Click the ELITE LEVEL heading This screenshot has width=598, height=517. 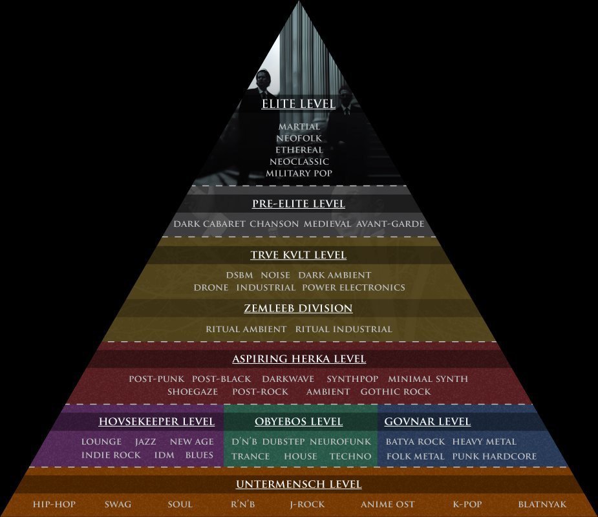point(299,103)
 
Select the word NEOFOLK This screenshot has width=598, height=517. point(299,138)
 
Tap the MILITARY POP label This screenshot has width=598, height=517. point(299,173)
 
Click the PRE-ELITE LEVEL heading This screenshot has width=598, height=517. point(299,204)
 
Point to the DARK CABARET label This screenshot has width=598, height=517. point(209,224)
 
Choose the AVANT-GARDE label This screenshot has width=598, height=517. point(390,224)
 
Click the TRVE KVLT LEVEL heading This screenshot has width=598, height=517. point(299,255)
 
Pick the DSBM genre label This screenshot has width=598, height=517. point(239,275)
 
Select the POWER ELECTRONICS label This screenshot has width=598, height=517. point(354,288)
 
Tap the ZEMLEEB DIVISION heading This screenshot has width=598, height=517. point(298,308)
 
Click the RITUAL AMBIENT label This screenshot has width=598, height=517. point(246,329)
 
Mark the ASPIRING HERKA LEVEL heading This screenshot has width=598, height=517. point(299,359)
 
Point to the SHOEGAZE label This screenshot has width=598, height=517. point(193,392)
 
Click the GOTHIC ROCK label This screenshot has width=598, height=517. point(396,392)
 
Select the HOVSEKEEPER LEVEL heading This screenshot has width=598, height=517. point(156,421)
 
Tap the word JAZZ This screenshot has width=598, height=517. point(145,441)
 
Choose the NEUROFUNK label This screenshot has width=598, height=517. point(340,441)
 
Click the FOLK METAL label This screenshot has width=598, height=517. point(415,456)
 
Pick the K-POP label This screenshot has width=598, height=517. point(467,504)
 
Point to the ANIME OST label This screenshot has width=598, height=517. point(387,504)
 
